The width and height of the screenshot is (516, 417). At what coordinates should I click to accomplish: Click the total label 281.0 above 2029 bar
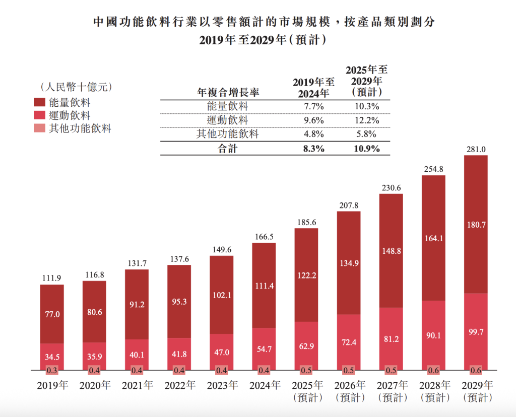pos(475,149)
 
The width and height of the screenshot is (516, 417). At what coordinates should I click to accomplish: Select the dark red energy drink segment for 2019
pos(52,314)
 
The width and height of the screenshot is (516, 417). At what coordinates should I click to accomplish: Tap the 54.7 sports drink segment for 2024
pos(264,349)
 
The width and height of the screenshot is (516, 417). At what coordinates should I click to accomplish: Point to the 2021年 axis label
pos(137,386)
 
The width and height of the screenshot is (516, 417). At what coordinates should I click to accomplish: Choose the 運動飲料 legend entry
pos(69,115)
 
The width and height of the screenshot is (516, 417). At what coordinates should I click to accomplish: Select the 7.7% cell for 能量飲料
pos(314,107)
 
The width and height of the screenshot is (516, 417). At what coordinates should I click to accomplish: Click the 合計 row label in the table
pos(227,149)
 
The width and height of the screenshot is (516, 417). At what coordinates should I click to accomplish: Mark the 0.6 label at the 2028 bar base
pos(433,371)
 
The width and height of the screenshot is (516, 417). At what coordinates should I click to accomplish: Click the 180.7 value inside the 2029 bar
pos(476,225)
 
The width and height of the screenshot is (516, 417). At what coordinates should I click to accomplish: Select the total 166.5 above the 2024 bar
pos(264,237)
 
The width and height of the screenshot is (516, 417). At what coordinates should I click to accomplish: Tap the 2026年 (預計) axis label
pos(348,391)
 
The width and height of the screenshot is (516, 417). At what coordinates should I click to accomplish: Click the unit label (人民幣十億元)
pos(72,87)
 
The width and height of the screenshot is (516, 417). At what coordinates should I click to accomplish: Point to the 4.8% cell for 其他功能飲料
pos(314,134)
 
